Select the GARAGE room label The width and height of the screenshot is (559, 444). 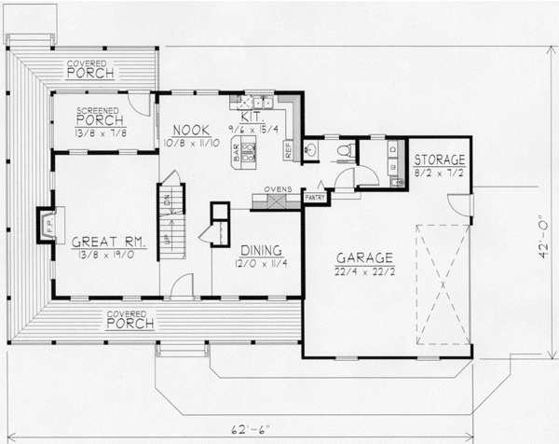tap(365, 257)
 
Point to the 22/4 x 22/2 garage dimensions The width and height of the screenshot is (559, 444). tap(365, 271)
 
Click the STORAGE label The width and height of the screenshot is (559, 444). tap(439, 160)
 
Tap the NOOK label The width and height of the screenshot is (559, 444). tap(193, 132)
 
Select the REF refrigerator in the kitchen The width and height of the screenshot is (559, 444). tap(289, 148)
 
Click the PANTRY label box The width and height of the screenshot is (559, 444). tap(314, 198)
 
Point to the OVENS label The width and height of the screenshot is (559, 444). tap(278, 189)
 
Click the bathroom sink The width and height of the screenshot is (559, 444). tap(314, 149)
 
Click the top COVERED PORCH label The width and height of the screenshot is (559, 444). tap(90, 69)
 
